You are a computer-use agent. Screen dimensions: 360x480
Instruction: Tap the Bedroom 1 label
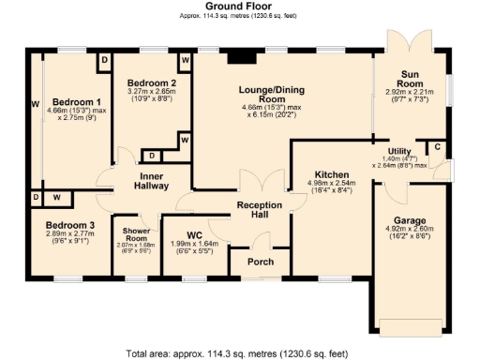coord(77,102)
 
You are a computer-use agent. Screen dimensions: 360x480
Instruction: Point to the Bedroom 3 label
coord(70,225)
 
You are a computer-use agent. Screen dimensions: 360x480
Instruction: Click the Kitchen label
coord(332,175)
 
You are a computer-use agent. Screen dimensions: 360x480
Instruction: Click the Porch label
coord(260,262)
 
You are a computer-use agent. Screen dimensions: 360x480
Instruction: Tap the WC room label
coord(195,234)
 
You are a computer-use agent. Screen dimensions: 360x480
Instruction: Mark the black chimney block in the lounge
coord(241,56)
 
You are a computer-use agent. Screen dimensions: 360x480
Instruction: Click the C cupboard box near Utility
coord(436,147)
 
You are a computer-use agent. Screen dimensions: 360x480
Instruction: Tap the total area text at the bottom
coord(239,353)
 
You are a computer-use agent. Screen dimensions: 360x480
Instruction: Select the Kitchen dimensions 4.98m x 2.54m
coord(332,188)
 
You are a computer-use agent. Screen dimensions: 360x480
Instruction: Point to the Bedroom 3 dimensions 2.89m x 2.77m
coord(70,238)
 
